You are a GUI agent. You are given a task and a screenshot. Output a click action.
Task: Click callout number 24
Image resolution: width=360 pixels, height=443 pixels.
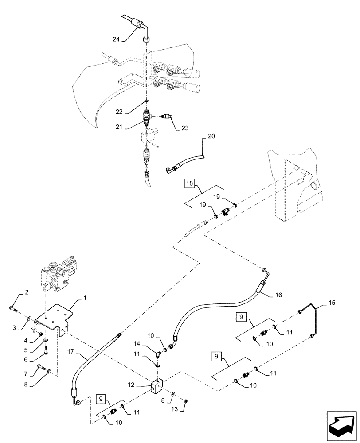pyautogui.click(x=116, y=39)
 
